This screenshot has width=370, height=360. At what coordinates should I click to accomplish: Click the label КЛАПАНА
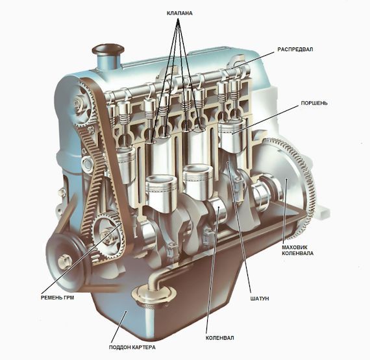180,13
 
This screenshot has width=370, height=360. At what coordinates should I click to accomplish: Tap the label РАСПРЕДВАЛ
295,49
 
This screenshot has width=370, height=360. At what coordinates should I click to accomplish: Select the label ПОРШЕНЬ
314,103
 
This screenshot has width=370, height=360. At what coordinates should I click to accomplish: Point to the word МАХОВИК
295,247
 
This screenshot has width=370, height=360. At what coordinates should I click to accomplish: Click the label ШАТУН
260,298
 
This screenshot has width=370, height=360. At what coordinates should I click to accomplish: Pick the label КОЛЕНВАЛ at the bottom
219,338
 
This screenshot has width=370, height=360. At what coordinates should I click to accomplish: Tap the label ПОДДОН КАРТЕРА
132,347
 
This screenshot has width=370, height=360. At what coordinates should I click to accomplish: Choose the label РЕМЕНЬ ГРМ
57,298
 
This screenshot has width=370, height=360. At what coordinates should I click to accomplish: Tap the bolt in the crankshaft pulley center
65,261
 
